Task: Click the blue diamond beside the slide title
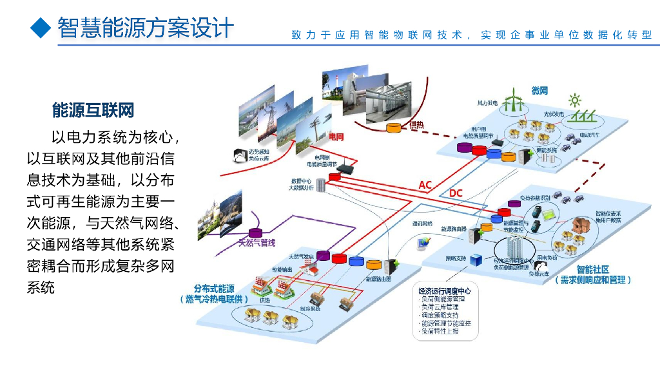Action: (41, 27)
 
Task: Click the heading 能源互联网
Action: (93, 110)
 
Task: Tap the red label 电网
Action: (336, 137)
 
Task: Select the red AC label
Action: (425, 185)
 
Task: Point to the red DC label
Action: (456, 193)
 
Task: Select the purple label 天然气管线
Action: (257, 243)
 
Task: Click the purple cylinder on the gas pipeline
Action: (256, 233)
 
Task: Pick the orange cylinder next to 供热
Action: (393, 128)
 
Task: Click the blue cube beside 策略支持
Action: (475, 260)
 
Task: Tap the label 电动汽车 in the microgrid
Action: (589, 135)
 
